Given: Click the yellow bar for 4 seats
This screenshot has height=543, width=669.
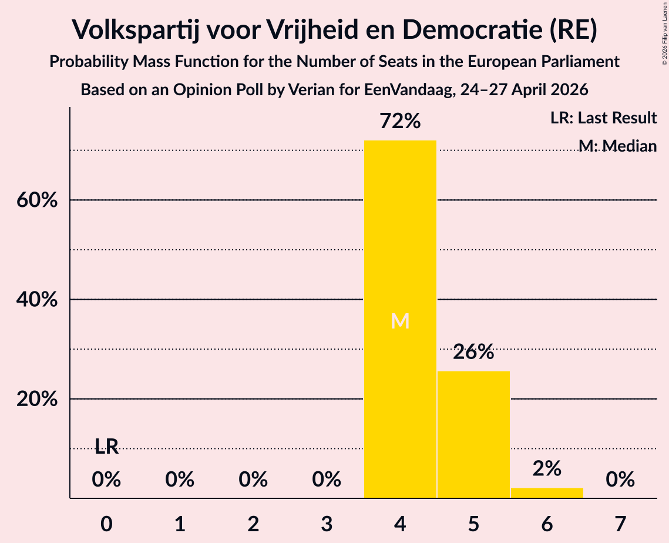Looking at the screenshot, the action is click(x=400, y=319).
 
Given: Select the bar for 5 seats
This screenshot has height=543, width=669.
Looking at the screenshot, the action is click(x=473, y=434).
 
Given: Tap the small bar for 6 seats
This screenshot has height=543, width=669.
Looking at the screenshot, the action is click(x=547, y=492).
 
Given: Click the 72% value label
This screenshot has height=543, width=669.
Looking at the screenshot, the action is click(x=400, y=121).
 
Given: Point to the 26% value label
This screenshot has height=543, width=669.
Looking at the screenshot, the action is click(x=473, y=352).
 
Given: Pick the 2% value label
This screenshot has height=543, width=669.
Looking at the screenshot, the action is click(x=547, y=469).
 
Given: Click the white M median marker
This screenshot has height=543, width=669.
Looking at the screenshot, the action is click(x=400, y=321).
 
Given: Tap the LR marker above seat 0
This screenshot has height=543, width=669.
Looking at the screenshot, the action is click(x=106, y=447).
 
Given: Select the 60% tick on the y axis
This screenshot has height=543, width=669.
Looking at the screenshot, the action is click(x=37, y=200).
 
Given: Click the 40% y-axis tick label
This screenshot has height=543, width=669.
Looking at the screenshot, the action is click(x=37, y=299).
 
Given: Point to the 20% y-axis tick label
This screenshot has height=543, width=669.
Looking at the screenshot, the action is click(x=37, y=398).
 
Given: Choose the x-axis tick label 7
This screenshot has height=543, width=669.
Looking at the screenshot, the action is click(x=620, y=524).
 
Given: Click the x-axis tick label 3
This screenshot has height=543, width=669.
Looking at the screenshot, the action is click(x=327, y=524).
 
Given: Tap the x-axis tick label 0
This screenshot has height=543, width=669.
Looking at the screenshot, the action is click(x=106, y=524).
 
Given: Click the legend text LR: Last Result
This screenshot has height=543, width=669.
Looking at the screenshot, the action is click(x=604, y=118).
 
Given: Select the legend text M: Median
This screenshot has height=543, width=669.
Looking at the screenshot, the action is click(x=618, y=146).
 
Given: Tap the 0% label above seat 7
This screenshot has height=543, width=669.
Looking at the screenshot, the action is click(x=620, y=480).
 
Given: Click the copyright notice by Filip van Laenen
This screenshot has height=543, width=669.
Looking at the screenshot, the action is click(x=665, y=33).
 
